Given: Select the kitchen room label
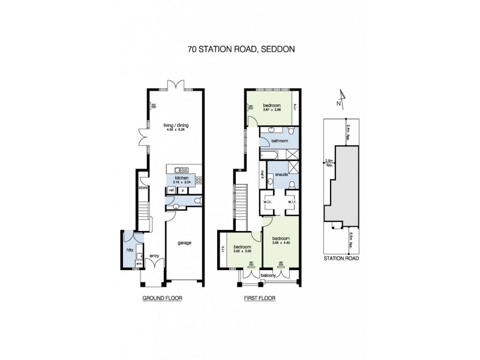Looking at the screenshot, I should click(182, 179).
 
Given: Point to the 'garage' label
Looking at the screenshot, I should click(184, 243).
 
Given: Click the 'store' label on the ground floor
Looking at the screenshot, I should click(143, 188).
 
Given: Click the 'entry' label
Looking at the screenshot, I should click(154, 254).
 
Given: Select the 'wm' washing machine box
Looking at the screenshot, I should click(139, 263).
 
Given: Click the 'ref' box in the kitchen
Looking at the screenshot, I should click(171, 190).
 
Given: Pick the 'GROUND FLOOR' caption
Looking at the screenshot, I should click(161, 298).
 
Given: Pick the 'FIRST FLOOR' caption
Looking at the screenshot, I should click(259, 298).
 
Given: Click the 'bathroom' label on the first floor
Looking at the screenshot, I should click(280, 140).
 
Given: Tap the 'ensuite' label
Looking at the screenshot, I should click(281, 174).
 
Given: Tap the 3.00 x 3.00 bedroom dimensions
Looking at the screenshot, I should click(242, 251).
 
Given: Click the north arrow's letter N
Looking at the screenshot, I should click(339, 103).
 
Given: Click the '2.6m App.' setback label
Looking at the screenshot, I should click(328, 161).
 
